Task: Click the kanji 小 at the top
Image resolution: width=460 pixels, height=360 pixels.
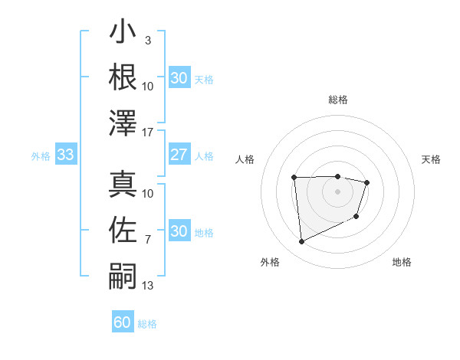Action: tap(123, 34)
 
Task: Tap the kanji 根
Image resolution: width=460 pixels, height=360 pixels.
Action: tap(123, 78)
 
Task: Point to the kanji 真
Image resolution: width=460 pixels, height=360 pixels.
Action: tap(123, 185)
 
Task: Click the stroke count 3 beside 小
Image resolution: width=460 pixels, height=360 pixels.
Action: tap(147, 41)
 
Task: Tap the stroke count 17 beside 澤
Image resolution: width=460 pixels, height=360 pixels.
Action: tap(148, 132)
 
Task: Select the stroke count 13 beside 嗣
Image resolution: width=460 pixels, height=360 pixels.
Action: tap(148, 286)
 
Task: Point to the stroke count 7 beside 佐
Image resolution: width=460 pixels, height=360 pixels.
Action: tap(147, 240)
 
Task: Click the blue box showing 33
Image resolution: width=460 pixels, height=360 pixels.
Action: tap(65, 155)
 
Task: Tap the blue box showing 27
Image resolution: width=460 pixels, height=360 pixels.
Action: tap(179, 155)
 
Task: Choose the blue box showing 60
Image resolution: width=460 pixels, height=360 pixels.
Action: tap(123, 322)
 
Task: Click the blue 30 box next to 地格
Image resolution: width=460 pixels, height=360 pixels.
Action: tap(179, 232)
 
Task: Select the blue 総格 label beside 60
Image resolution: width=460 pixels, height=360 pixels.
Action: tap(147, 324)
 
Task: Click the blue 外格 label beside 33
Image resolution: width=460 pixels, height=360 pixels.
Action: tap(41, 156)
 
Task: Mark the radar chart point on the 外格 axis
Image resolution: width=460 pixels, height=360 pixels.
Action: tap(301, 242)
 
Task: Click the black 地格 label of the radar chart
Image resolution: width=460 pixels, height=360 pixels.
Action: tap(402, 262)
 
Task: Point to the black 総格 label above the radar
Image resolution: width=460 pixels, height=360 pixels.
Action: tap(338, 100)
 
